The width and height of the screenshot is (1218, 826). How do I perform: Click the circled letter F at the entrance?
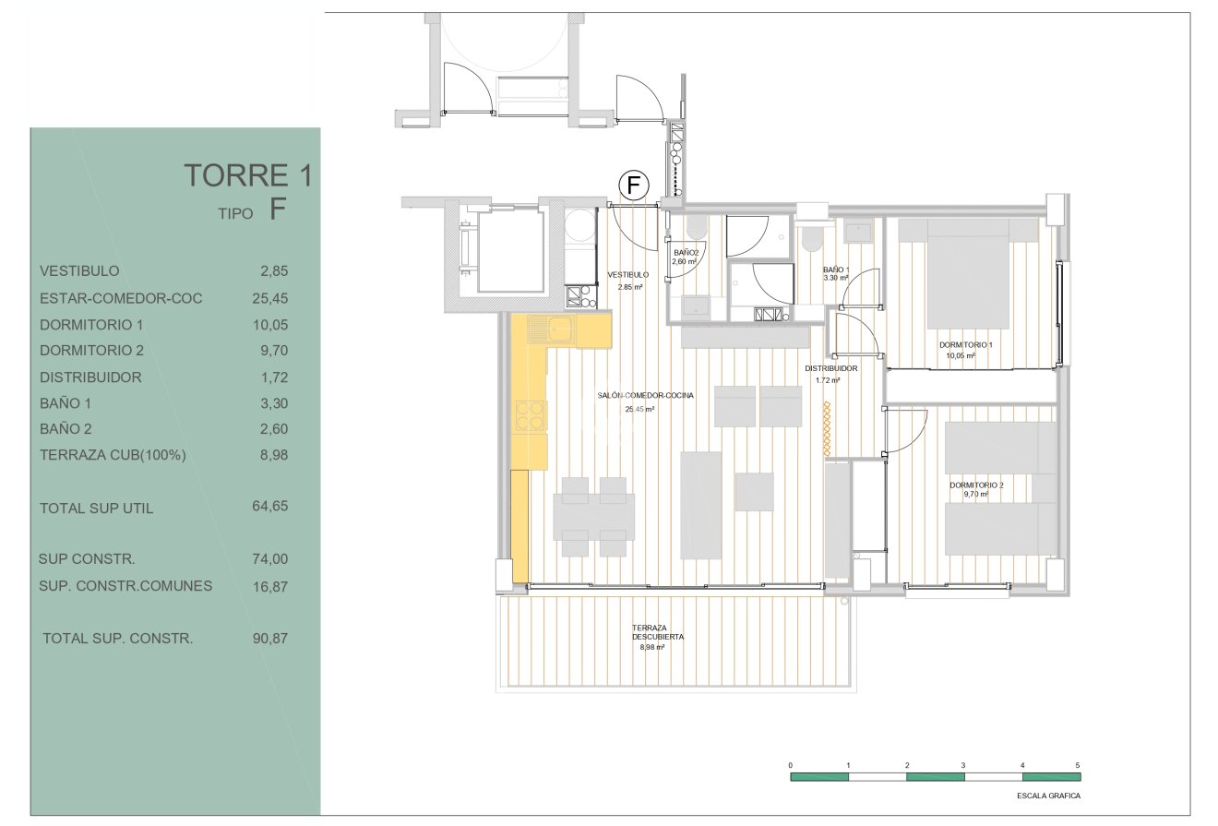tap(634, 186)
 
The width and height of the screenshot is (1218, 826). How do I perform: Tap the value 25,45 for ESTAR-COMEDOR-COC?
tap(270, 298)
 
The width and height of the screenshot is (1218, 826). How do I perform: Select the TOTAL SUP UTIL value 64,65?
tap(270, 507)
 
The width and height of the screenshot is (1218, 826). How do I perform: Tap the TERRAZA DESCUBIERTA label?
tap(657, 632)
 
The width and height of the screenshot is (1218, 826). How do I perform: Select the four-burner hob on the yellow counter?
tap(531, 415)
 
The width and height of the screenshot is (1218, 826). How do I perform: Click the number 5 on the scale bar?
tap(1077, 765)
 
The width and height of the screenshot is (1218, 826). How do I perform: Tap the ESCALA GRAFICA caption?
tap(1048, 796)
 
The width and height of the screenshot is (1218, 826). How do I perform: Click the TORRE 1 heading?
tap(248, 175)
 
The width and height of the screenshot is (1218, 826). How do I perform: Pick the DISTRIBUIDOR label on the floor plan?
tap(830, 368)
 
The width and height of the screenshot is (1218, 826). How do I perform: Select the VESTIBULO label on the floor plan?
tap(628, 275)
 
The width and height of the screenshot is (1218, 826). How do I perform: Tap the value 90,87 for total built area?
tap(270, 638)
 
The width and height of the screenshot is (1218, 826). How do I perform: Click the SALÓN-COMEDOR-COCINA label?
tap(645, 395)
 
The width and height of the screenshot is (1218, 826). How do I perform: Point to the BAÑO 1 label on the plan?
tap(836, 269)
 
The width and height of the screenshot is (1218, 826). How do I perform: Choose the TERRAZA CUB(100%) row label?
tap(113, 455)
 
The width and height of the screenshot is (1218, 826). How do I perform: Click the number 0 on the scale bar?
tap(790, 765)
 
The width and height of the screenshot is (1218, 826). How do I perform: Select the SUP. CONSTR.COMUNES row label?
tap(125, 586)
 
